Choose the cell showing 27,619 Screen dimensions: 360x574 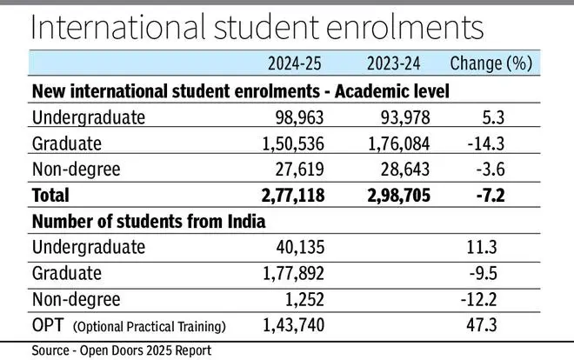tap(295, 169)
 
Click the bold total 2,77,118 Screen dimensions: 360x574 tap(285, 195)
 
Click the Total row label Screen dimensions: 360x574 tap(50, 195)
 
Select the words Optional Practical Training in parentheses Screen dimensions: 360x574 tap(150, 327)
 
